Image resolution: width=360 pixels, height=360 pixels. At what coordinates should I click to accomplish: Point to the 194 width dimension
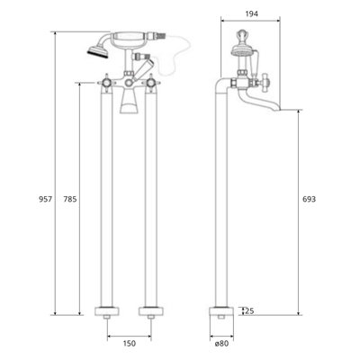pos(239,13)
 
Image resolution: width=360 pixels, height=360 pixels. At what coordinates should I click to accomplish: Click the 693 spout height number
pos(309,197)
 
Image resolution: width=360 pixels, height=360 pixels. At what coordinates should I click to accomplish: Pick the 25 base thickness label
pos(248,311)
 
